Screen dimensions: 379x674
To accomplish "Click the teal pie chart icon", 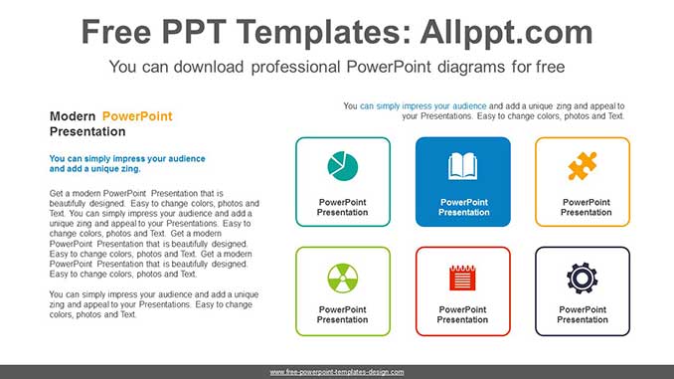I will [343, 166].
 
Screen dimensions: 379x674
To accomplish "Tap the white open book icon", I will [463, 166].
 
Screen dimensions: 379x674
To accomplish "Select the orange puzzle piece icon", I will [583, 166].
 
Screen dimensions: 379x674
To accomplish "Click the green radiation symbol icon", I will [343, 276].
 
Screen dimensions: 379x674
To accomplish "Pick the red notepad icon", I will [462, 277].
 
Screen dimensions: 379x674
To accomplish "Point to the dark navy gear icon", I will [583, 276].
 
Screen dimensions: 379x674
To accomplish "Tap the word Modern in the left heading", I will [73, 116].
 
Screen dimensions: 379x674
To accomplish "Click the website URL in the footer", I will [337, 371].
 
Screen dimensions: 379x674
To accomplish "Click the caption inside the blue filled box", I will [463, 207].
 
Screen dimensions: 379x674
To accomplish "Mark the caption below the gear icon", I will [583, 314].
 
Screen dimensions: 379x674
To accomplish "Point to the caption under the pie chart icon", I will [343, 207].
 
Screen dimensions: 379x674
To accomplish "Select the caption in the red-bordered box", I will [462, 314].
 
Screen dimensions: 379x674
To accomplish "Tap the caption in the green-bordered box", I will [343, 314].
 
